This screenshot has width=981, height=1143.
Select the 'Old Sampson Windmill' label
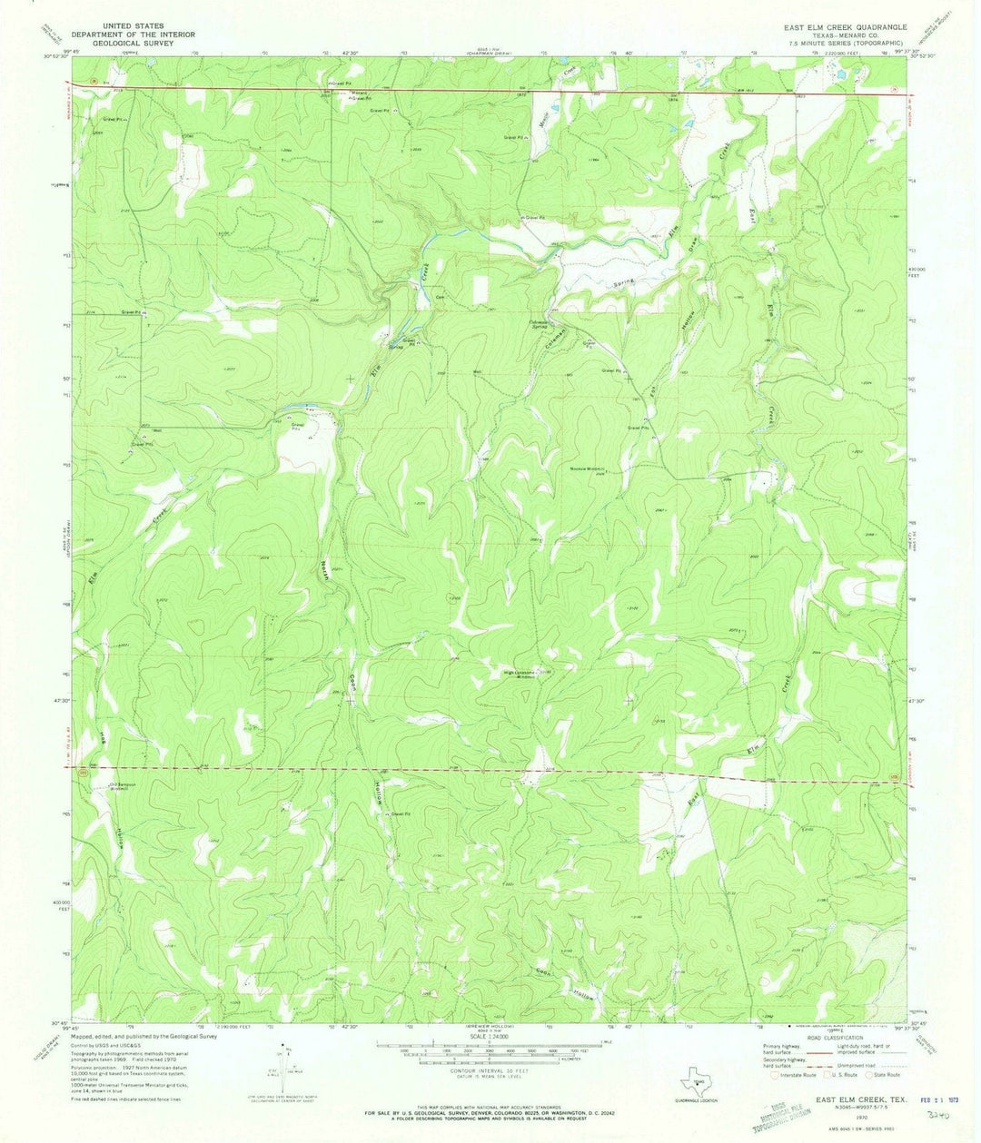124,786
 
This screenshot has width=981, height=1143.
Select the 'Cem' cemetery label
441,298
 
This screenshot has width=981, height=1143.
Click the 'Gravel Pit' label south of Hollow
405,813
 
